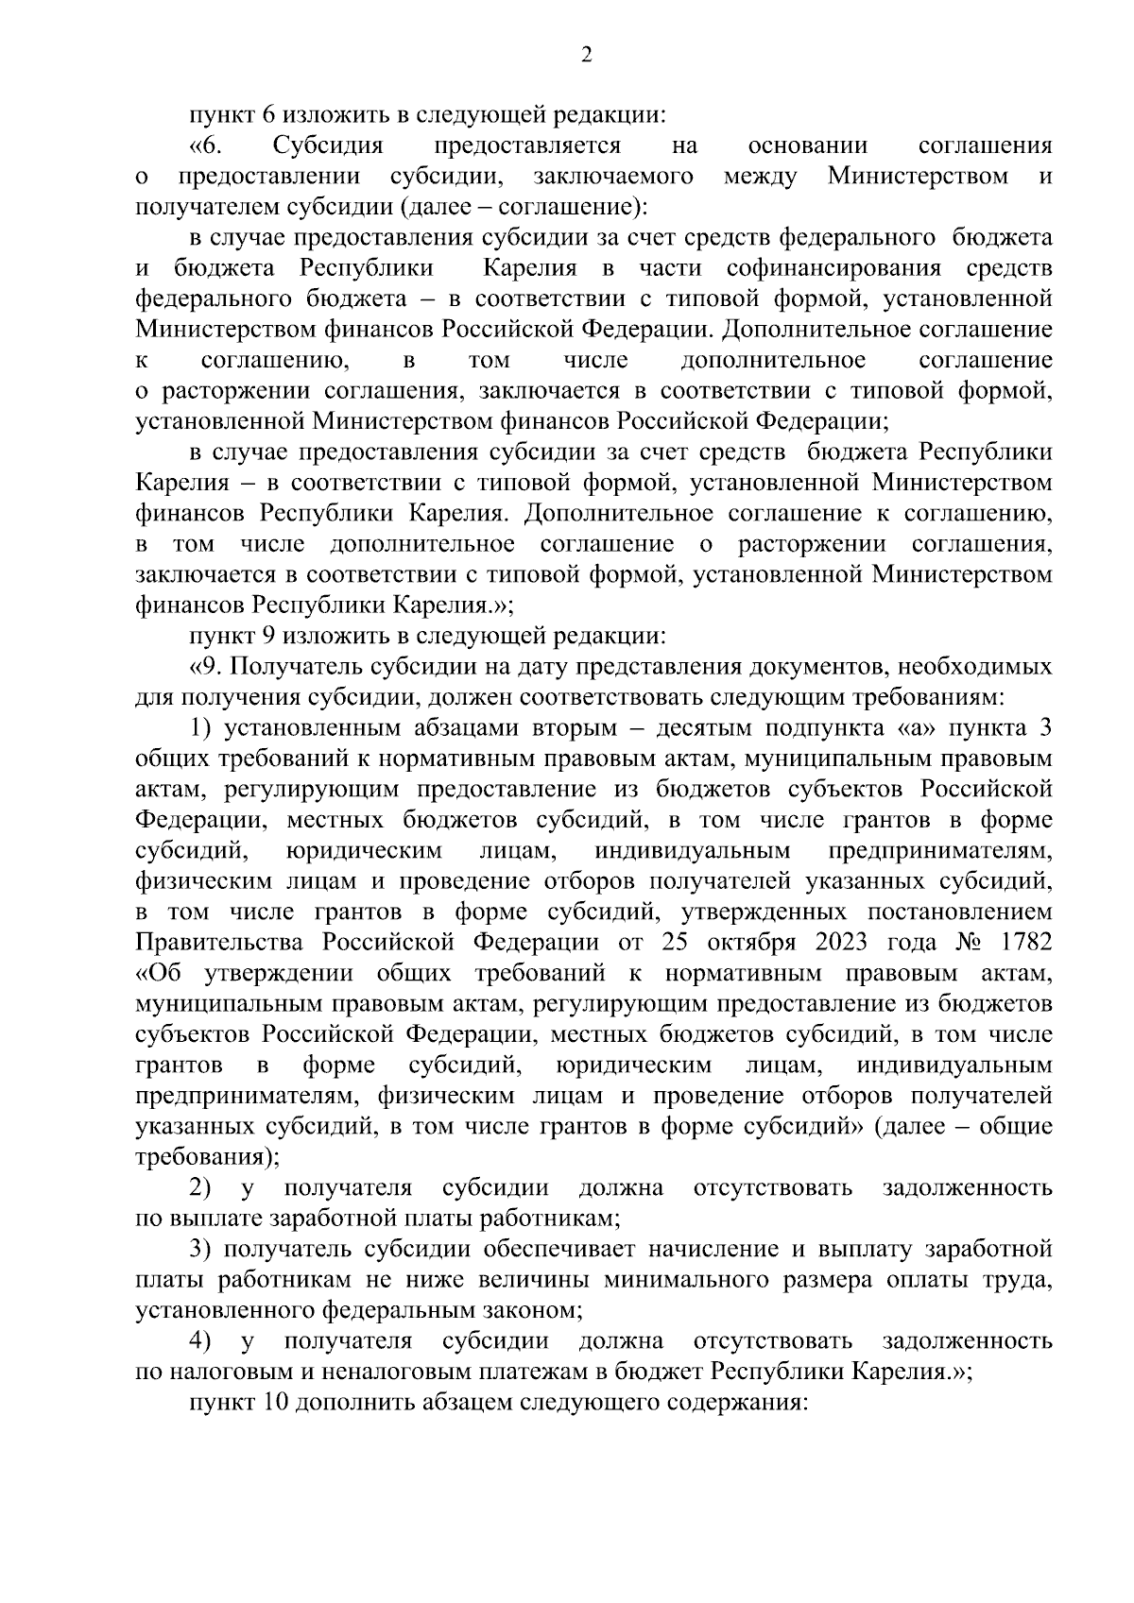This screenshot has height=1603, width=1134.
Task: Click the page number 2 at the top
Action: click(586, 56)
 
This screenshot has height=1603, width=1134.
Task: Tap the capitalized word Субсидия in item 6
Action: click(328, 146)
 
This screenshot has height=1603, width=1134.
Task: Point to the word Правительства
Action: click(222, 943)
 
